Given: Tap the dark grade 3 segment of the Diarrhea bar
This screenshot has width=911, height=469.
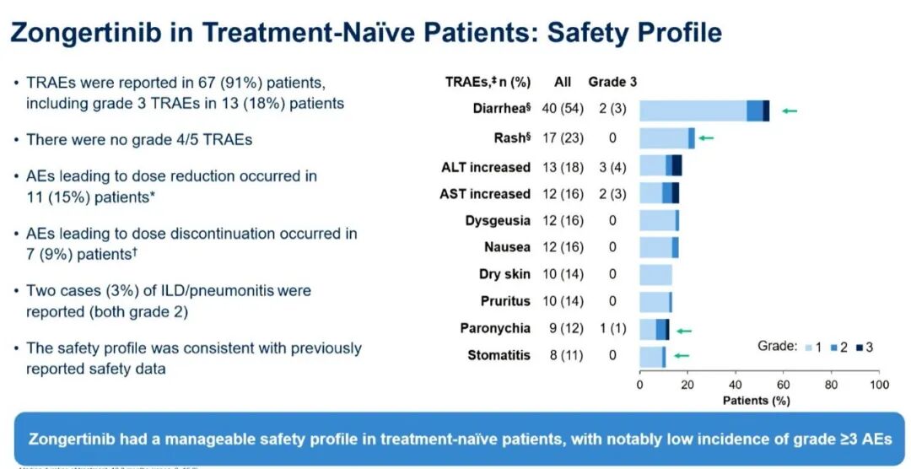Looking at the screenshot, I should tap(766, 111).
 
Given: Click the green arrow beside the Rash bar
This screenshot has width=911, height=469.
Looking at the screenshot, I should tap(705, 137).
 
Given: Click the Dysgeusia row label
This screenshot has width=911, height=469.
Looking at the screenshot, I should tap(498, 221).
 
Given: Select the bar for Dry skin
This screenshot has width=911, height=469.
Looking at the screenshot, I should tap(655, 275).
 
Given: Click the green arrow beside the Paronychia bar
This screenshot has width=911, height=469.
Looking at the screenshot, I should tap(685, 331).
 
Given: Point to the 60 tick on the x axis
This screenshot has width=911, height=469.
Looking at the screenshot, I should tap(784, 385).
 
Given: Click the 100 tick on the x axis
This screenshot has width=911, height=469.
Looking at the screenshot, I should tap(879, 385).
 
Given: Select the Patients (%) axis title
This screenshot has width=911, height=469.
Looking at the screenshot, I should tap(757, 400).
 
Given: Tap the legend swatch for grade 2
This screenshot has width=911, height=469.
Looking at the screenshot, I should tap(834, 347).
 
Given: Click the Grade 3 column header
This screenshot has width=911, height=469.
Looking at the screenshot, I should tap(612, 82).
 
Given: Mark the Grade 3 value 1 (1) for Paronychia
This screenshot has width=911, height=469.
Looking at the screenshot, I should tap(612, 328).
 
